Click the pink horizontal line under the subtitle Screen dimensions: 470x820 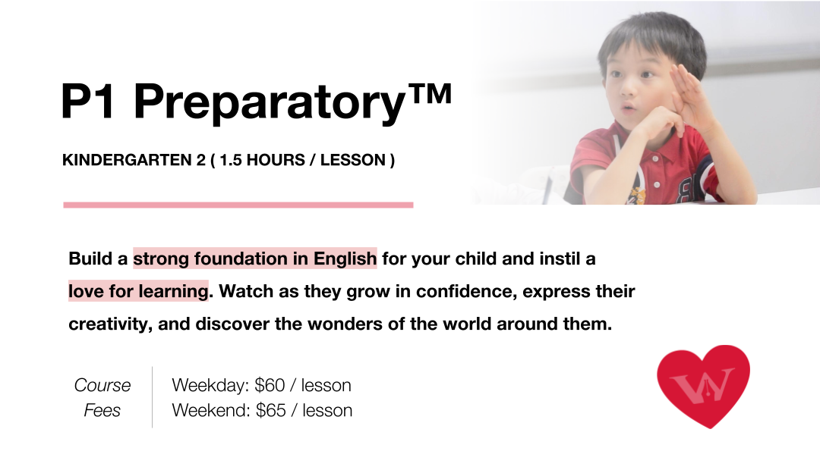pyautogui.click(x=238, y=205)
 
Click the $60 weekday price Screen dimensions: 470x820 pyautogui.click(x=270, y=385)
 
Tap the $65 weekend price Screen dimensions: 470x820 pyautogui.click(x=271, y=411)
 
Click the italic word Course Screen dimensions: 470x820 pyautogui.click(x=102, y=385)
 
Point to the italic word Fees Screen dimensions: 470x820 pyautogui.click(x=102, y=411)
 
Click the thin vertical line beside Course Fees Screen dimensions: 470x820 pyautogui.click(x=152, y=397)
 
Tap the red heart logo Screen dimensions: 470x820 pyautogui.click(x=703, y=384)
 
